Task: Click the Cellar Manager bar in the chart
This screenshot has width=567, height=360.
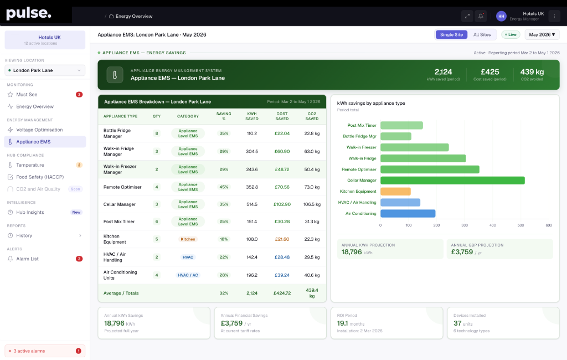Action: [452, 180]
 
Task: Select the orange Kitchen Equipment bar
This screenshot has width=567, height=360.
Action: [395, 192]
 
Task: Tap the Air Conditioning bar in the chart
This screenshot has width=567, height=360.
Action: [408, 213]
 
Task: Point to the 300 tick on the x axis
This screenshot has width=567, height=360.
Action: [465, 225]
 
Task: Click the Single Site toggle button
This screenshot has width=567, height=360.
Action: [451, 35]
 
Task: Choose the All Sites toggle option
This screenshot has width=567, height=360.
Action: [482, 35]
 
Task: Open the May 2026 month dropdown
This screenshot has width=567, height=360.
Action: [542, 35]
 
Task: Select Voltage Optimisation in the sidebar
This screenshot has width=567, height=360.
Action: [39, 130]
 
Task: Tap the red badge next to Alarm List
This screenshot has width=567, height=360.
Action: [79, 259]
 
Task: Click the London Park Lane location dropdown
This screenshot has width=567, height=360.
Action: [45, 70]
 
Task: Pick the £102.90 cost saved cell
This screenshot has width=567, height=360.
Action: [282, 204]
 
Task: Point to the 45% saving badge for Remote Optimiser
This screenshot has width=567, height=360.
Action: [224, 187]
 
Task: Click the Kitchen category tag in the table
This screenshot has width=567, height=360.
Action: [188, 239]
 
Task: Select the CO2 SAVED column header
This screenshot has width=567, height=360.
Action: [312, 116]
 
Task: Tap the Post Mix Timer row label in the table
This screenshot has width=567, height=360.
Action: [119, 222]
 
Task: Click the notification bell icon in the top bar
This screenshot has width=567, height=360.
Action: [481, 16]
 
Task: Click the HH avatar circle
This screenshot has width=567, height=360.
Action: [501, 16]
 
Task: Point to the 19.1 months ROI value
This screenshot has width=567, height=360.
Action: [350, 323]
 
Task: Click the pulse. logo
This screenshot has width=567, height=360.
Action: [29, 13]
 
